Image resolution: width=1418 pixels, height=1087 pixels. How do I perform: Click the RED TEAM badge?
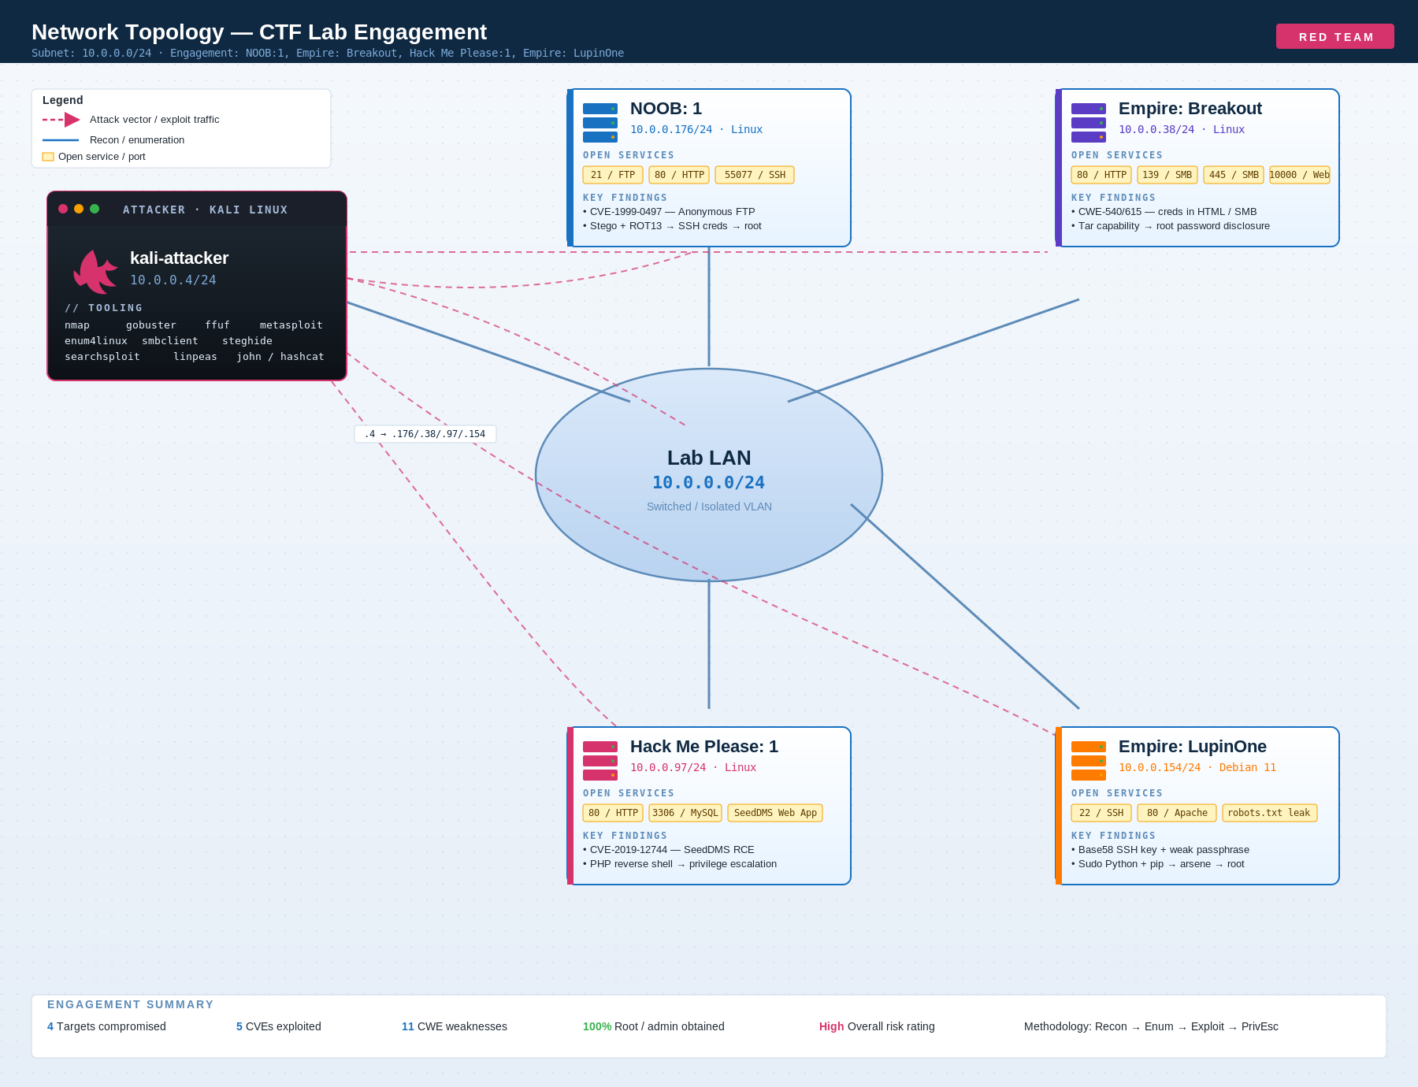[1335, 36]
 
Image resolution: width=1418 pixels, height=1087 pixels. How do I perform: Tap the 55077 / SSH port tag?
[755, 175]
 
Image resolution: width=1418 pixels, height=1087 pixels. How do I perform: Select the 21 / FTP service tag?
[613, 175]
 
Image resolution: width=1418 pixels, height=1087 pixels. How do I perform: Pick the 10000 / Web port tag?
[1300, 175]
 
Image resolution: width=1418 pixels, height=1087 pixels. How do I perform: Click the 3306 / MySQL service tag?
[685, 813]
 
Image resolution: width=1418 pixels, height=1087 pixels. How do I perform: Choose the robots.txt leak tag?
[1270, 813]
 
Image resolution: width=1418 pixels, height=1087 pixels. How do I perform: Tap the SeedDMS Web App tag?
[775, 813]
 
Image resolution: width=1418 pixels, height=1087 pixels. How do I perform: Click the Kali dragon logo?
[95, 271]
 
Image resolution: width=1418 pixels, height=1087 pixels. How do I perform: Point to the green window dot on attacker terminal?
[95, 209]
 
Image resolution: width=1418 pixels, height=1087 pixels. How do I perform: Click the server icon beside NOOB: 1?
[600, 123]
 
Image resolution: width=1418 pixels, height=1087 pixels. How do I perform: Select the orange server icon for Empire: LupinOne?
[1089, 761]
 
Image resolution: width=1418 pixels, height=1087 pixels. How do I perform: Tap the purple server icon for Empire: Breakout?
[1089, 123]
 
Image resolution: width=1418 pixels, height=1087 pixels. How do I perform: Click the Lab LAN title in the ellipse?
[709, 458]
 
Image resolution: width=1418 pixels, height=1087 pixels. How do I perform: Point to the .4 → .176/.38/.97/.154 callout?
[425, 434]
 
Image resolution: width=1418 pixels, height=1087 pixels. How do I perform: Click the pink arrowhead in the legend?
[72, 120]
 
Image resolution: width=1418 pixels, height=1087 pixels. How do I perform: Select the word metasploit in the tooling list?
[291, 325]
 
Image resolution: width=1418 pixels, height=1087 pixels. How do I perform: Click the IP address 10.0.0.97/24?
[668, 767]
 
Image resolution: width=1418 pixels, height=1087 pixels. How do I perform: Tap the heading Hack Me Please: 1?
[704, 747]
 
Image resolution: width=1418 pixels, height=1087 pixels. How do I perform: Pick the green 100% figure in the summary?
[597, 1026]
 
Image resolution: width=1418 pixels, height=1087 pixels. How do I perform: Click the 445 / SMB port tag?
[1234, 175]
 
